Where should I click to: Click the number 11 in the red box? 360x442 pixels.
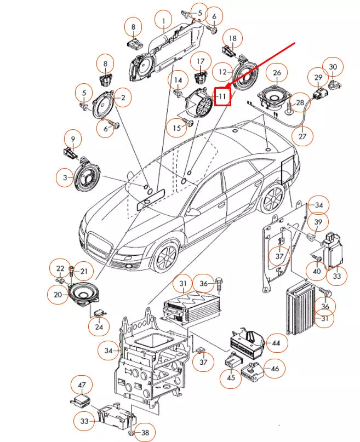[222, 96]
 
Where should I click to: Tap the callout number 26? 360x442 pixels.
[277, 73]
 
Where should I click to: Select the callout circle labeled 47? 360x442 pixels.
[82, 385]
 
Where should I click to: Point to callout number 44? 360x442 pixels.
[276, 343]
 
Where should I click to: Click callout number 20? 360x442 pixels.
[58, 295]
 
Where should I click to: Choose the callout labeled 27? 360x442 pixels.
[302, 136]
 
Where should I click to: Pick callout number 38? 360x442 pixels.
[145, 432]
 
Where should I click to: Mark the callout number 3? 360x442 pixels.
[65, 177]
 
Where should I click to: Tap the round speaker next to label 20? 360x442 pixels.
[83, 294]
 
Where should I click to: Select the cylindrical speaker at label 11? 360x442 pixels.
[199, 104]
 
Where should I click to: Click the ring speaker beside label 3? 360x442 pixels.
[87, 174]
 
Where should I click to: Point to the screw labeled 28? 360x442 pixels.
[288, 108]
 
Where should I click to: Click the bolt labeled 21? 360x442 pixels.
[71, 272]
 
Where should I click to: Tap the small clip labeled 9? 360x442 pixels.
[70, 152]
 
